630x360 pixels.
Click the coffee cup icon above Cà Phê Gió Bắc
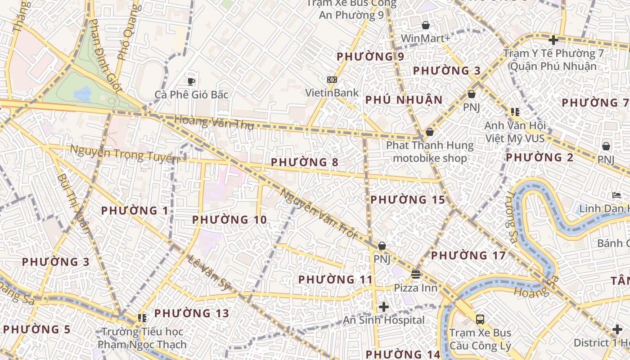pyautogui.click(x=191, y=81)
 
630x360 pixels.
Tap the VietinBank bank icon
pyautogui.click(x=332, y=80)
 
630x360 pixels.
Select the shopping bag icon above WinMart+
pyautogui.click(x=425, y=25)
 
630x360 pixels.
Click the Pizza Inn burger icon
pyautogui.click(x=415, y=274)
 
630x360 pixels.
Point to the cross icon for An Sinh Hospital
pyautogui.click(x=384, y=307)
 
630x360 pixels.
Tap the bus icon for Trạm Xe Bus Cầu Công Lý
pyautogui.click(x=480, y=319)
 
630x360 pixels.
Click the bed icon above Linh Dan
pyautogui.click(x=616, y=195)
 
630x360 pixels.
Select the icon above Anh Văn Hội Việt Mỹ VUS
pyautogui.click(x=515, y=112)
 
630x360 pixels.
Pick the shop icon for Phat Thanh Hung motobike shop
pyautogui.click(x=430, y=132)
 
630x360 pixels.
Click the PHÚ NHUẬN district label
pyautogui.click(x=404, y=100)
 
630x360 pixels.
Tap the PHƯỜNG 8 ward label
pyautogui.click(x=304, y=162)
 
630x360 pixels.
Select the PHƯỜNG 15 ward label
pyautogui.click(x=407, y=200)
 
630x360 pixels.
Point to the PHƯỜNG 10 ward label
pyautogui.click(x=229, y=220)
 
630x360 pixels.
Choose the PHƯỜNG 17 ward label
pyautogui.click(x=468, y=256)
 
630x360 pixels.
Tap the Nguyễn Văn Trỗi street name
pyautogui.click(x=318, y=214)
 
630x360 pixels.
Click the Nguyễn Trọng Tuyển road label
pyautogui.click(x=124, y=155)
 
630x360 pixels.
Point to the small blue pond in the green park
pyautogui.click(x=82, y=94)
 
